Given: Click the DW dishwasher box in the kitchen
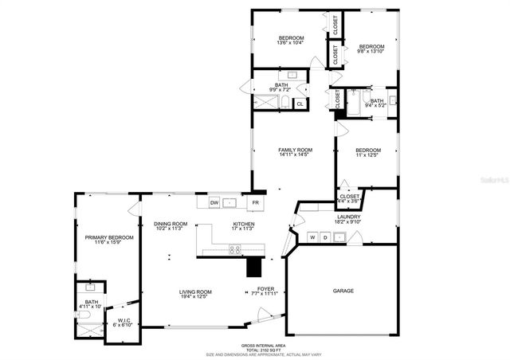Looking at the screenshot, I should click(214, 203).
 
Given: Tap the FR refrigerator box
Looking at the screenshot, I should click(256, 203).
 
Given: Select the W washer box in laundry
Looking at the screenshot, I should click(313, 237).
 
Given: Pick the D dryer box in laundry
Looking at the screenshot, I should click(325, 237).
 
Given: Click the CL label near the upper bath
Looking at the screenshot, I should click(300, 104).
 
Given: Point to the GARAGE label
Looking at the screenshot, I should click(343, 291).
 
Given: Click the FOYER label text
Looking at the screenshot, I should click(265, 288).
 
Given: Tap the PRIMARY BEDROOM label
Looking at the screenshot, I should click(109, 237).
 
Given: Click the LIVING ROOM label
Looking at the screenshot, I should click(195, 292).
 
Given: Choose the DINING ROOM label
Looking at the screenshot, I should click(171, 224).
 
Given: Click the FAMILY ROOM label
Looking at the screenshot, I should click(295, 150).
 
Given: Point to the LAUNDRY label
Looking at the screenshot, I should click(349, 217).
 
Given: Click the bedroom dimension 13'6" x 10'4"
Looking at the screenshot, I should click(291, 44).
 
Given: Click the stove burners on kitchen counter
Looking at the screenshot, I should click(236, 249).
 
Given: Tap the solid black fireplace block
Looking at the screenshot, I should click(254, 266).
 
